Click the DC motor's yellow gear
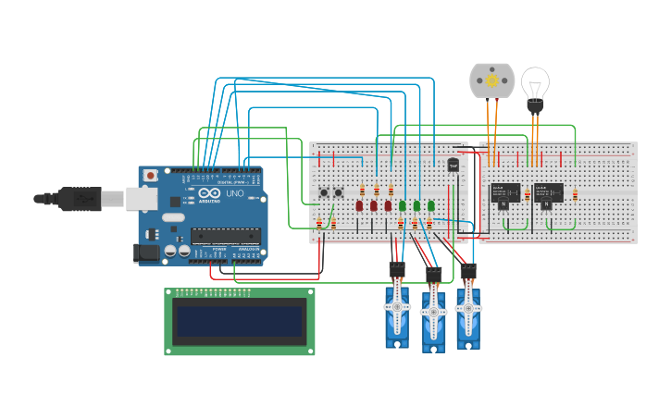point(492,81)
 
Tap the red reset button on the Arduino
point(151,174)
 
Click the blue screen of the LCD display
point(240,321)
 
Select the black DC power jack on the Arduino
point(145,252)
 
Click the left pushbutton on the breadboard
point(324,192)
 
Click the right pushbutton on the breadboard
point(339,192)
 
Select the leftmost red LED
point(359,206)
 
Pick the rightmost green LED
point(430,205)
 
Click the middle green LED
point(416,205)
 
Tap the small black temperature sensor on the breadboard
point(453,165)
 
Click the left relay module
point(504,193)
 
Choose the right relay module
point(548,192)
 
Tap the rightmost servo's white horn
point(467,307)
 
